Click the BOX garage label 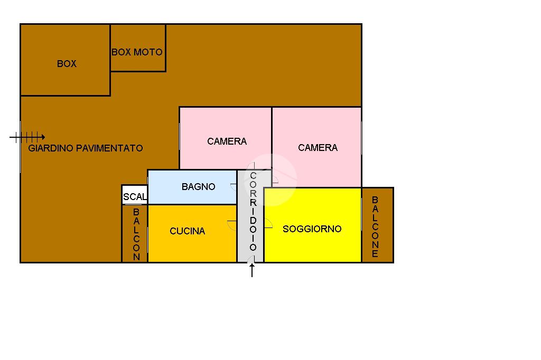pyautogui.click(x=67, y=64)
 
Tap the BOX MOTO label pyautogui.click(x=137, y=52)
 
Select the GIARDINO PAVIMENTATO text pyautogui.click(x=86, y=148)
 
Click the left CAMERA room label pyautogui.click(x=227, y=141)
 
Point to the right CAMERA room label pyautogui.click(x=318, y=148)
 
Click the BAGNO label pyautogui.click(x=198, y=187)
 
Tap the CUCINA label pyautogui.click(x=187, y=231)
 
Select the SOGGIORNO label pyautogui.click(x=312, y=229)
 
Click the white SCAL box pyautogui.click(x=135, y=196)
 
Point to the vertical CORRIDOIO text pyautogui.click(x=253, y=211)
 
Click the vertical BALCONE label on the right pyautogui.click(x=375, y=227)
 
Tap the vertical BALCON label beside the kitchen pyautogui.click(x=136, y=234)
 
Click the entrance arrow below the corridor pyautogui.click(x=252, y=270)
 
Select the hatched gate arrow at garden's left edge pyautogui.click(x=27, y=137)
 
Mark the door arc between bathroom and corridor pyautogui.click(x=234, y=186)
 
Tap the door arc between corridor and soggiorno pyautogui.click(x=268, y=226)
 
